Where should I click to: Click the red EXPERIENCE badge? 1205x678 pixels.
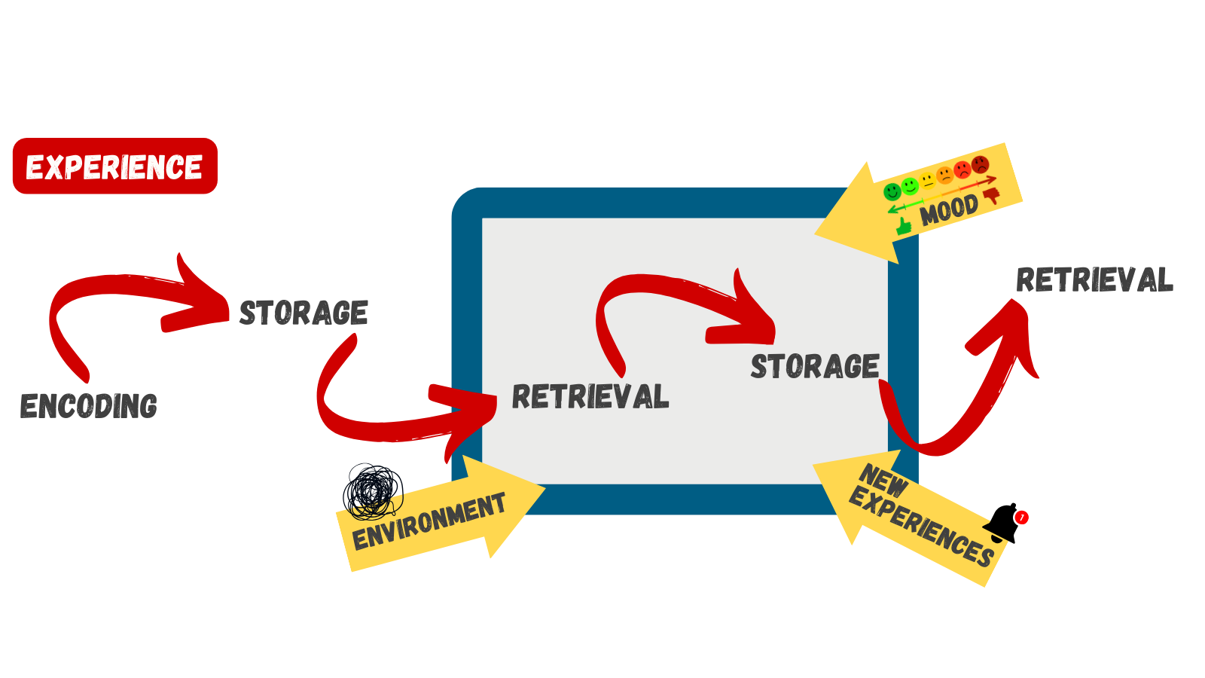[114, 166]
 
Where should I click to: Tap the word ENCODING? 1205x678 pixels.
[88, 406]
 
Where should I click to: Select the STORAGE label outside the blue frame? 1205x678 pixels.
[304, 313]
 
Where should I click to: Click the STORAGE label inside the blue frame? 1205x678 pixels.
[815, 366]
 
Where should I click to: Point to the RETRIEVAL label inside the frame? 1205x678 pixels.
[590, 397]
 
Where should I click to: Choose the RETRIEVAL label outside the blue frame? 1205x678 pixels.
[1094, 280]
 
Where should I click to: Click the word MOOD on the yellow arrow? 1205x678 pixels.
[948, 210]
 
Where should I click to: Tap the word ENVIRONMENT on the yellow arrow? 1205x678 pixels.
[429, 521]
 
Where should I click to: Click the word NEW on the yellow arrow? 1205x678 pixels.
[883, 481]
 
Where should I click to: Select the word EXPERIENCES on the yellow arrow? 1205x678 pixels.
[923, 528]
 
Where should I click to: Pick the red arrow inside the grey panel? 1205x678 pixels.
[678, 301]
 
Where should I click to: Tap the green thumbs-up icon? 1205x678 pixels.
[904, 224]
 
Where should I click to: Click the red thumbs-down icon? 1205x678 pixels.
[991, 196]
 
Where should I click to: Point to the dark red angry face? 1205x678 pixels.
[980, 164]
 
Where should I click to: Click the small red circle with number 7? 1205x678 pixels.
[1021, 518]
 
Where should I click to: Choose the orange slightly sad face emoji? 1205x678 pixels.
[945, 176]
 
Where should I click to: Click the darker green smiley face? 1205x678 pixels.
[892, 191]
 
